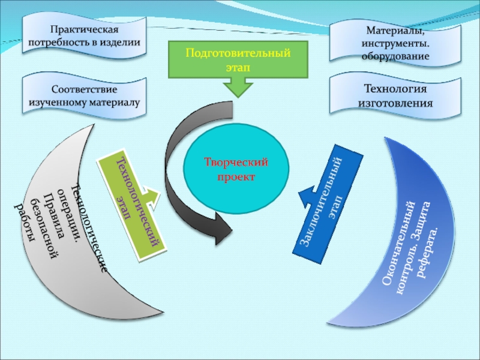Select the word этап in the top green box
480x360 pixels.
pyautogui.click(x=238, y=68)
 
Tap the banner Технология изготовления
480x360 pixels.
pyautogui.click(x=395, y=95)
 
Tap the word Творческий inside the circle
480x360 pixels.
pyautogui.click(x=235, y=163)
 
